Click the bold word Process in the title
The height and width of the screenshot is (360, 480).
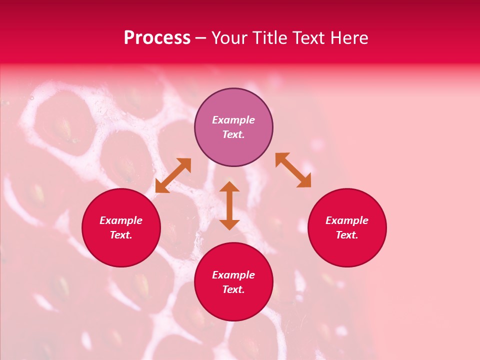[x=157, y=38]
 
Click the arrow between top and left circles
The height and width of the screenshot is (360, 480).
[x=173, y=175]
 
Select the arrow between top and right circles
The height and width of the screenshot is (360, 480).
[x=293, y=170]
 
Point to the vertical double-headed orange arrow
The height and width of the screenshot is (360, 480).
[x=229, y=205]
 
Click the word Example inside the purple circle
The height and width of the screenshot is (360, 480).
[x=233, y=120]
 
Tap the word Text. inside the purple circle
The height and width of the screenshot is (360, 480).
[x=233, y=134]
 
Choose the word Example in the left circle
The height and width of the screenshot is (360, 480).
[x=121, y=220]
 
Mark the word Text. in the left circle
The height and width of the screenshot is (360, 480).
[x=121, y=235]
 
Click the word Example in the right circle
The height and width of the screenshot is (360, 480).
[x=347, y=220]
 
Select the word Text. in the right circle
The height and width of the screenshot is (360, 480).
[x=347, y=235]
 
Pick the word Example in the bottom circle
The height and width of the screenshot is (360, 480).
[x=233, y=275]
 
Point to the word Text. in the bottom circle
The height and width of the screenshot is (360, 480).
[x=233, y=289]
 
